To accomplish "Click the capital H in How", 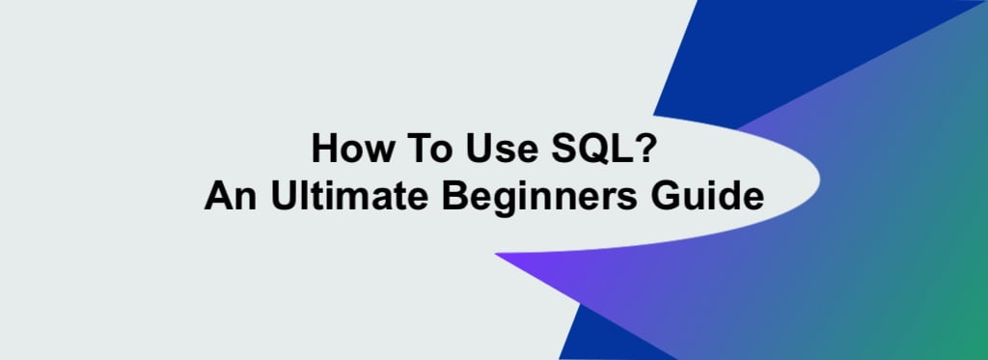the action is click(x=325, y=149).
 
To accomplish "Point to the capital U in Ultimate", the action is click(x=285, y=196).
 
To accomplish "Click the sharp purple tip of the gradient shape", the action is click(x=496, y=254).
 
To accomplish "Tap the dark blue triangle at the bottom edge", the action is click(x=605, y=337).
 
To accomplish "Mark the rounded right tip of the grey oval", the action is click(x=819, y=179).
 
